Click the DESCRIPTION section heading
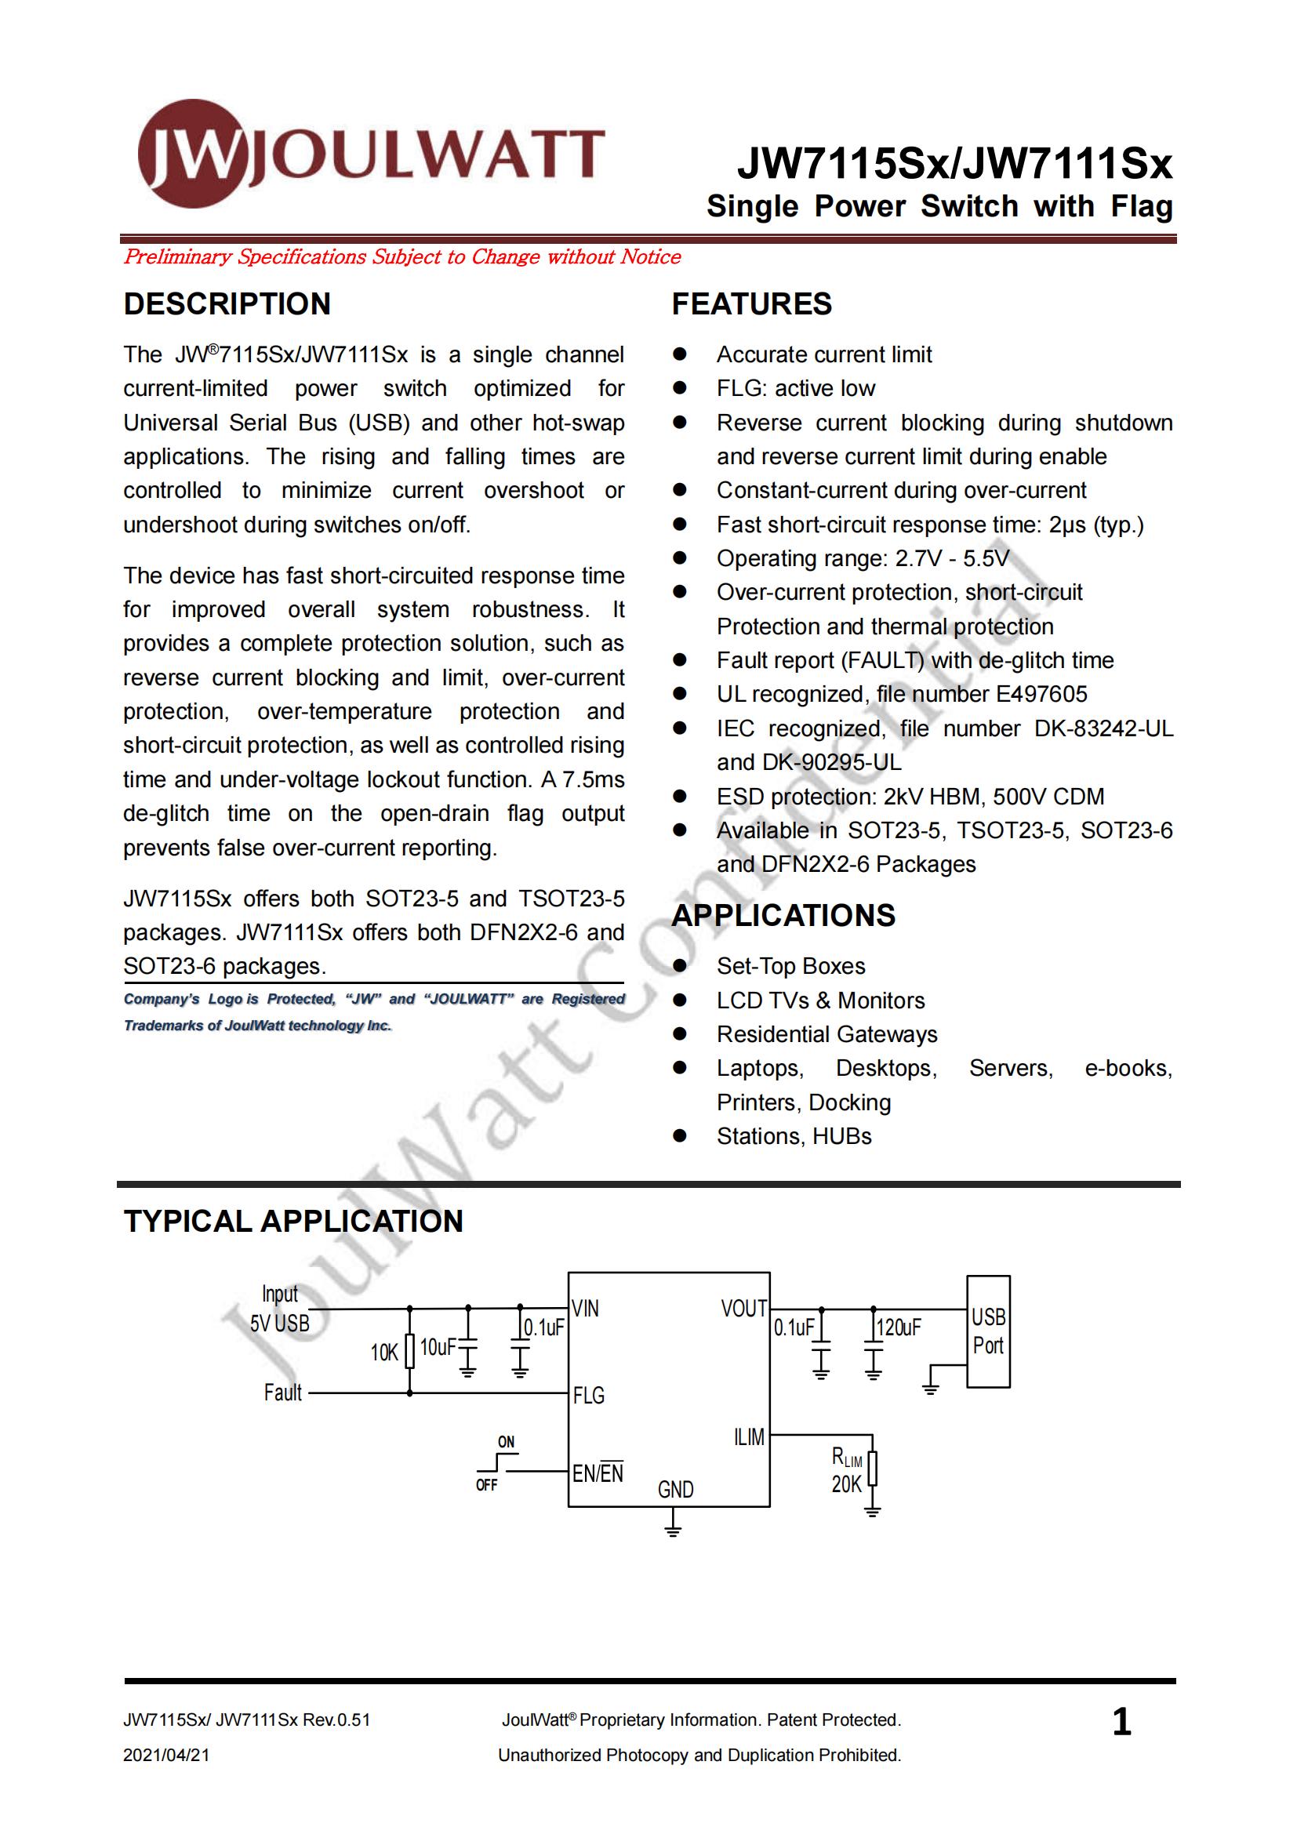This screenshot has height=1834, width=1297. pyautogui.click(x=227, y=304)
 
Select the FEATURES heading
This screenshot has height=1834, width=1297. pyautogui.click(x=750, y=304)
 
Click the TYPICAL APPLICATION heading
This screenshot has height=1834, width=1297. pyautogui.click(x=293, y=1222)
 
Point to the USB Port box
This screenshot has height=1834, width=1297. pyautogui.click(x=988, y=1331)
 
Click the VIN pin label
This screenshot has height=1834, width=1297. pyautogui.click(x=586, y=1309)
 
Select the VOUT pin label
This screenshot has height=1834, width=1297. pyautogui.click(x=743, y=1309)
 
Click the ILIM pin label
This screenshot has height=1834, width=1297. pyautogui.click(x=749, y=1437)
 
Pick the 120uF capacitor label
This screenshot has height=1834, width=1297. pyautogui.click(x=899, y=1327)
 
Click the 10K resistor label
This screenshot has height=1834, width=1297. pyautogui.click(x=384, y=1353)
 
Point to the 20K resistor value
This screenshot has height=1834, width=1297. pyautogui.click(x=847, y=1484)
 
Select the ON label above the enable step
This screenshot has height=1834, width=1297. pyautogui.click(x=507, y=1442)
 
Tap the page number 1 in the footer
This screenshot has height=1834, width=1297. pyautogui.click(x=1121, y=1722)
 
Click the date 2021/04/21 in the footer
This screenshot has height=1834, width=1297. pyautogui.click(x=166, y=1755)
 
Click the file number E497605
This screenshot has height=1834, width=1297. pyautogui.click(x=1041, y=694)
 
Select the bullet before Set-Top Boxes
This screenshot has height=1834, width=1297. pyautogui.click(x=680, y=966)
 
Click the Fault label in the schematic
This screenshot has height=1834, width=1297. pyautogui.click(x=283, y=1393)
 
